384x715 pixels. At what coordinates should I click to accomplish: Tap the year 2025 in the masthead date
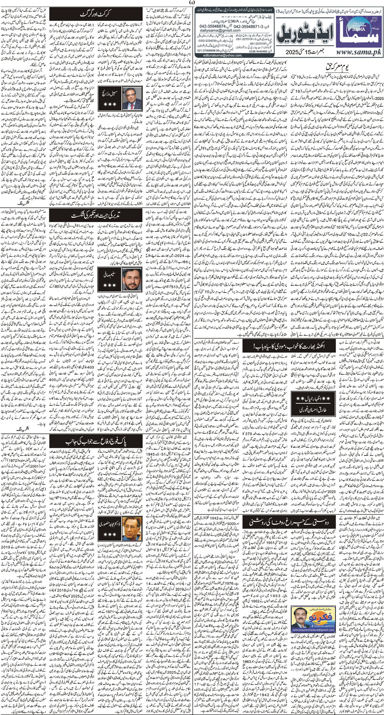click(292, 52)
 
